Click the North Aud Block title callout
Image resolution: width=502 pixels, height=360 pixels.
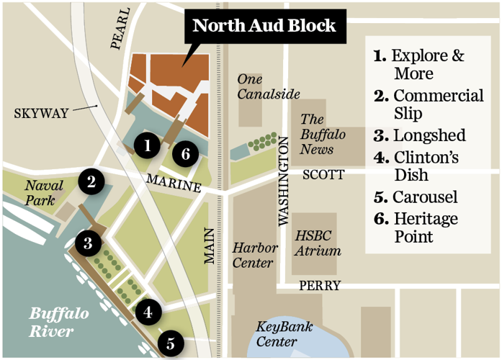(x=264, y=27)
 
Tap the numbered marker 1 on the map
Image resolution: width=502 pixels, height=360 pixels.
(x=147, y=145)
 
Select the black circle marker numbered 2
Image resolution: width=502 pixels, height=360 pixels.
(x=91, y=181)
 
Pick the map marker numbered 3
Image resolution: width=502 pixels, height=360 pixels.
(x=87, y=243)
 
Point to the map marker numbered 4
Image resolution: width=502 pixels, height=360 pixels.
(x=148, y=312)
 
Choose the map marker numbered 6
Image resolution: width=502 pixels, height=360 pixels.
(x=186, y=153)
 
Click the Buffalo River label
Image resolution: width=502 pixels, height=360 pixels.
(x=59, y=322)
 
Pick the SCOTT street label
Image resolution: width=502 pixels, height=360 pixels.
(x=323, y=174)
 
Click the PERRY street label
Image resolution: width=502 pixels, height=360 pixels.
(x=320, y=286)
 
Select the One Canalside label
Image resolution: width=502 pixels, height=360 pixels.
(x=269, y=86)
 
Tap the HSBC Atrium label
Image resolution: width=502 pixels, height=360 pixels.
(x=318, y=243)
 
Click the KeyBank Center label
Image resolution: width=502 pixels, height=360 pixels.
(x=284, y=333)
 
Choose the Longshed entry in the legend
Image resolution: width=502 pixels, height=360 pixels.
(x=420, y=135)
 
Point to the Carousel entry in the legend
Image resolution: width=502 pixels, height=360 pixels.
(x=416, y=197)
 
